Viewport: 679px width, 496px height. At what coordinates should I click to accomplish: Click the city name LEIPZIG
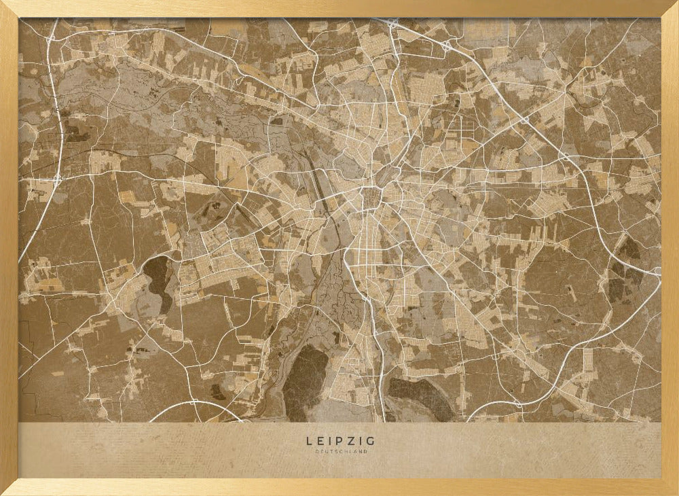(x=339, y=441)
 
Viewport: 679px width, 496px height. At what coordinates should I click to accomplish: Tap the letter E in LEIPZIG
(x=318, y=441)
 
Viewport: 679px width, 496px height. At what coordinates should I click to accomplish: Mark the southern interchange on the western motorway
(x=57, y=178)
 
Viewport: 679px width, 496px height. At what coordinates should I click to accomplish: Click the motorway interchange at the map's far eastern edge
(x=657, y=271)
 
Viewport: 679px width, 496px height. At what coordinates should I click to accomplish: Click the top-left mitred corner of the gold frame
(x=9, y=9)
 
